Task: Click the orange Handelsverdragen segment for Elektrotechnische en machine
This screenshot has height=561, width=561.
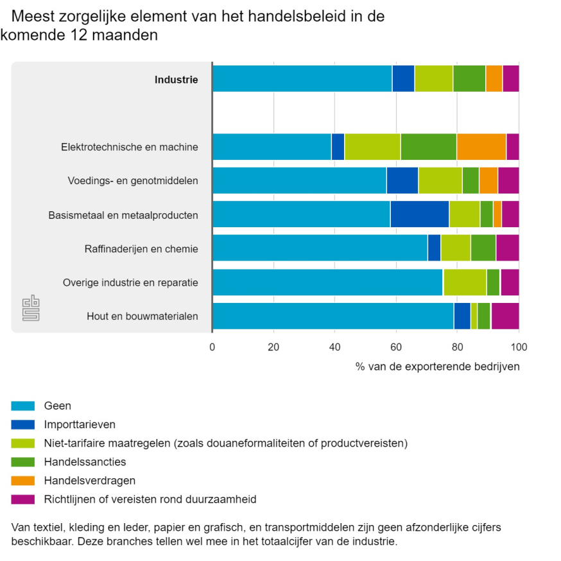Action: coord(481,146)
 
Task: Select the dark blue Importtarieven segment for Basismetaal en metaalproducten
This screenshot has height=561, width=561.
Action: coord(419,214)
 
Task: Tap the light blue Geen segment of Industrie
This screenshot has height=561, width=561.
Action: coord(302,78)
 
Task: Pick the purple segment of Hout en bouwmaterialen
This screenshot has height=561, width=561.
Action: coord(505,316)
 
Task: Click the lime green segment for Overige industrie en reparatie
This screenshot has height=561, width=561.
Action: coord(464,282)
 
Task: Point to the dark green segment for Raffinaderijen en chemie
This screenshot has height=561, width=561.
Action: coord(483,248)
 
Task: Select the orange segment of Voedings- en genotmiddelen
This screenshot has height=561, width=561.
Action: coord(488,180)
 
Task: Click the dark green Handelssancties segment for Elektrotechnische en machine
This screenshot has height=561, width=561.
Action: coord(428,146)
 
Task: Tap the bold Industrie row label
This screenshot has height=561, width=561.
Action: coord(176,80)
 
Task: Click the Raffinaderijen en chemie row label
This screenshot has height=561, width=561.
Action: coord(141,248)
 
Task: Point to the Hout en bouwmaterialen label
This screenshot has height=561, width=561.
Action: coord(142,316)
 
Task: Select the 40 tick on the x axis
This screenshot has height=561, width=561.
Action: coord(335,347)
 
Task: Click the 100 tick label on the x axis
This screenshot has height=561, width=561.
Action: coord(519,347)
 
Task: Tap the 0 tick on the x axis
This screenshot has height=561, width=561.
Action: coord(212,347)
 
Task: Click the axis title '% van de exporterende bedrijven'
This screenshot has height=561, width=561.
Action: coord(437,367)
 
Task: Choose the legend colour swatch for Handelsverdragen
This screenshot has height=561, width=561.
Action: coord(22,480)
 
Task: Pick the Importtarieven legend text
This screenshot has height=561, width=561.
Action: coord(80,424)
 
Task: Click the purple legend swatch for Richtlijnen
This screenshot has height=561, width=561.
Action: coord(22,499)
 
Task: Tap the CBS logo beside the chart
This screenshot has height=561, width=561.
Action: coord(31,307)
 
